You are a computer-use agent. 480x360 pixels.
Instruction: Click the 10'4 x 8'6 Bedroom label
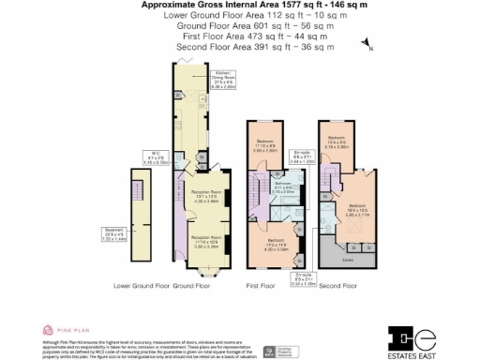click(x=337, y=143)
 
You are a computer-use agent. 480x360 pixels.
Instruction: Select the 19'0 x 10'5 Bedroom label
click(x=359, y=211)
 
